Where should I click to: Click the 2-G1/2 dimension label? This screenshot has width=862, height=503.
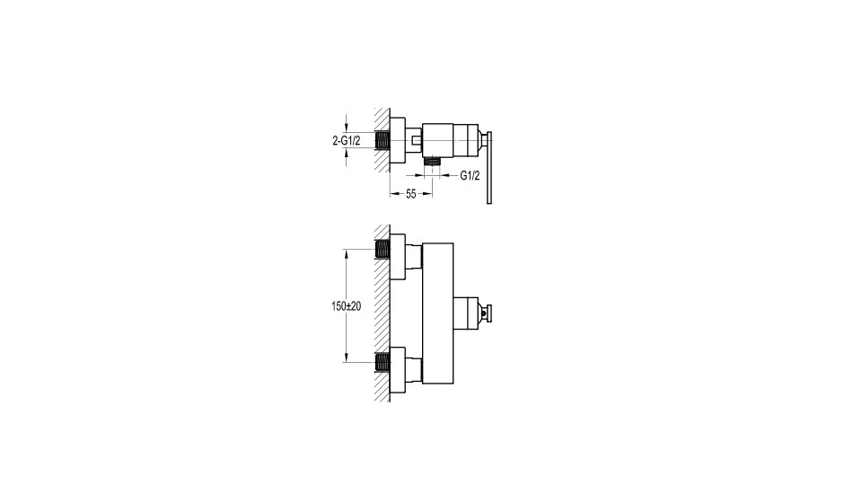tap(347, 141)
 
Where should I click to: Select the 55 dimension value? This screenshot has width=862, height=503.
tap(410, 194)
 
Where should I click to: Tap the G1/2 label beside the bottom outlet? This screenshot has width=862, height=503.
tap(470, 176)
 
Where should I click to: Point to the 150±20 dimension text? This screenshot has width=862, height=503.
tap(347, 306)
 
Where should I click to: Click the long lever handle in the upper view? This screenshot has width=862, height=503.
tap(488, 168)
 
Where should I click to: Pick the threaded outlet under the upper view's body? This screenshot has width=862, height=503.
tap(433, 160)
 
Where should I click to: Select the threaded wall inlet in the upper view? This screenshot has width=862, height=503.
tap(383, 141)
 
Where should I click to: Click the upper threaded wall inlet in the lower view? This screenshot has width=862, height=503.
tap(383, 250)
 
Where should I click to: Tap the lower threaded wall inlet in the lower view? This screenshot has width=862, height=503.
tap(383, 362)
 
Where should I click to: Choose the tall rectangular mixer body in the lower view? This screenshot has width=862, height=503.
tap(437, 313)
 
